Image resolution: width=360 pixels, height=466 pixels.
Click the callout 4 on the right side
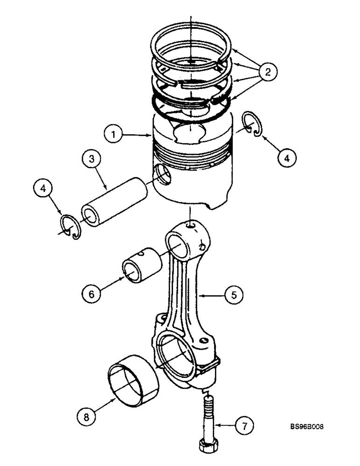[287, 158]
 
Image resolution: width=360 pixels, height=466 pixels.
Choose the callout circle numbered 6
[91, 294]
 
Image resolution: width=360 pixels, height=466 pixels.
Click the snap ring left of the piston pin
[70, 227]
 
